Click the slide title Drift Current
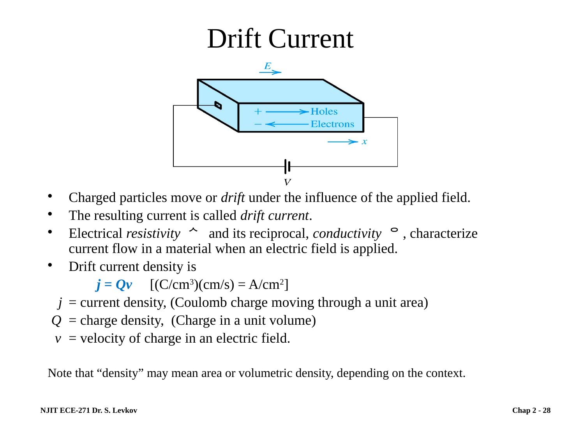(x=280, y=39)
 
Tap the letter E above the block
(x=267, y=66)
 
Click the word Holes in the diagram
(x=324, y=112)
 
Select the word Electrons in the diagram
(x=332, y=125)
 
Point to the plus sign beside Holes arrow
(x=258, y=111)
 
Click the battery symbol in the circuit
(x=287, y=167)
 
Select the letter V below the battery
(x=287, y=182)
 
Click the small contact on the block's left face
(x=218, y=105)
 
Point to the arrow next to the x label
(x=342, y=142)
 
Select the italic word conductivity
(x=347, y=234)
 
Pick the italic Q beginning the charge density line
(x=56, y=321)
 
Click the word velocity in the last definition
(x=102, y=338)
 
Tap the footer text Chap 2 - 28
(x=531, y=410)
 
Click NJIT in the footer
(x=48, y=410)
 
